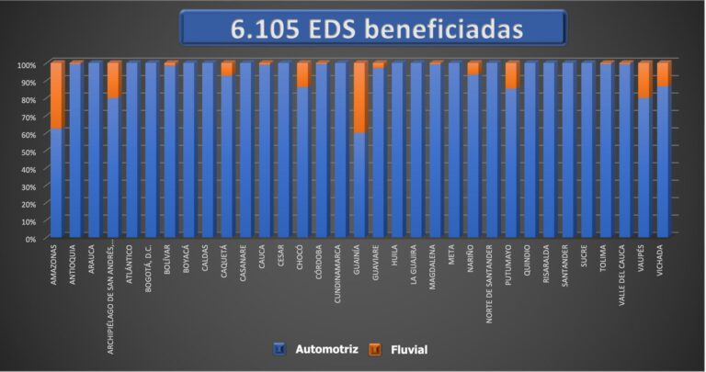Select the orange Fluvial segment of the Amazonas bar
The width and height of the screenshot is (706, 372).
click(57, 96)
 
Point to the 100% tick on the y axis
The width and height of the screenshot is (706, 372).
click(27, 65)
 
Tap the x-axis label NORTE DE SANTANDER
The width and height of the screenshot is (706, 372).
click(493, 279)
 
